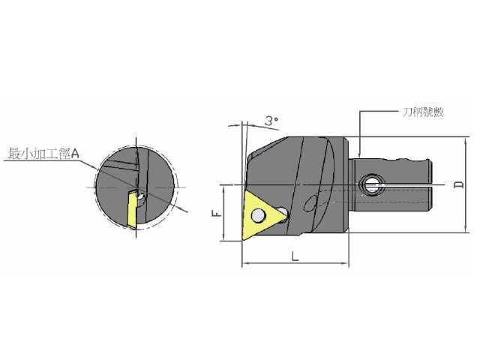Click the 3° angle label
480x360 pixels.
(x=271, y=121)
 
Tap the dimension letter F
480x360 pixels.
(x=217, y=213)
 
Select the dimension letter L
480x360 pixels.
(x=295, y=256)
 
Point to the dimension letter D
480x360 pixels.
(x=459, y=185)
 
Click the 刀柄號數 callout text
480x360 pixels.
(x=423, y=112)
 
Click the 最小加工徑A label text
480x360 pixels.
(x=43, y=154)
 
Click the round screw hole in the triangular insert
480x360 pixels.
(x=258, y=215)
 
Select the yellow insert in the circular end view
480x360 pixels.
(x=132, y=209)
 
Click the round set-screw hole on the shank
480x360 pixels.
(x=372, y=185)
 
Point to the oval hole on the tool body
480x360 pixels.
(x=310, y=203)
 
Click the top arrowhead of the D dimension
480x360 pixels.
(x=465, y=140)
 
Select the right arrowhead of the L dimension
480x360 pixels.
(x=345, y=263)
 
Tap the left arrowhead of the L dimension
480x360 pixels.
(x=246, y=263)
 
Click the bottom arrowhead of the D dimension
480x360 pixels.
(x=465, y=229)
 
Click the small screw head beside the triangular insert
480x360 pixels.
(x=282, y=212)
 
